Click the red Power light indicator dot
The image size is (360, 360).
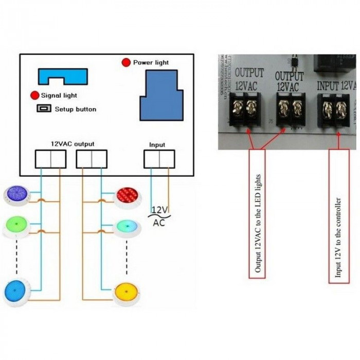[x=125, y=63]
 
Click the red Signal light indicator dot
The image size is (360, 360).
[x=34, y=95]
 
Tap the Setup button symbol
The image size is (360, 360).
[x=44, y=109]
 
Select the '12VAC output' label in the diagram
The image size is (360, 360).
[x=73, y=144]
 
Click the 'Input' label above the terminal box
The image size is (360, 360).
[x=157, y=145]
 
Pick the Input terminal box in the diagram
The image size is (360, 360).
[x=159, y=159]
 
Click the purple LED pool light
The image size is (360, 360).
[x=17, y=195]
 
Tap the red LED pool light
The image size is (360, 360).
[x=127, y=196]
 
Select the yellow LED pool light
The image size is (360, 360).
[x=127, y=293]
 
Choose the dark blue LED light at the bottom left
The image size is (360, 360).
[x=16, y=291]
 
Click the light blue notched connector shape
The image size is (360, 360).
[x=62, y=77]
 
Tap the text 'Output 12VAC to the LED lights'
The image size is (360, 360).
[x=257, y=214]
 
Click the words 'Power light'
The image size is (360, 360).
[x=151, y=63]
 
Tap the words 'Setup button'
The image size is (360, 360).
[x=76, y=109]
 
